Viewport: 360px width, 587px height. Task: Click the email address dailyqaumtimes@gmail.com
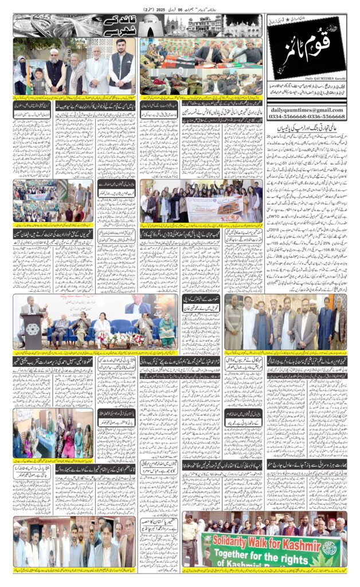(306, 109)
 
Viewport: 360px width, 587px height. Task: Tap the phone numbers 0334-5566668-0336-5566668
(306, 116)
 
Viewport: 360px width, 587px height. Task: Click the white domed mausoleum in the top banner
(156, 25)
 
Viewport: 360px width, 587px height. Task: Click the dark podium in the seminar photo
(33, 331)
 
